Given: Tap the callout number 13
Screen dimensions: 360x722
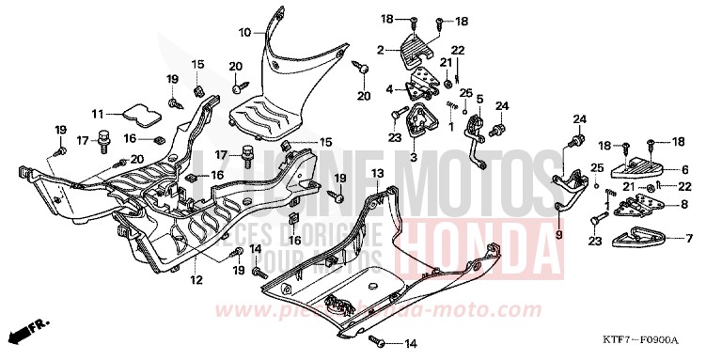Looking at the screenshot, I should click(376, 174).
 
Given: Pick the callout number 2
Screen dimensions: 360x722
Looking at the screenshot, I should click(380, 49).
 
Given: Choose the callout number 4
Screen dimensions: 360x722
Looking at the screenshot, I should click(389, 90).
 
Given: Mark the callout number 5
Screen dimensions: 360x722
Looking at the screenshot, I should click(479, 99).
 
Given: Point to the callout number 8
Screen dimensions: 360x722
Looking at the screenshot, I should click(684, 203).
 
